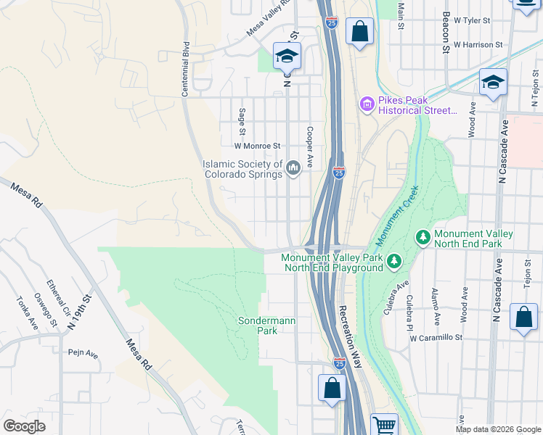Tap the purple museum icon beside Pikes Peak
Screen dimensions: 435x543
pos(367,106)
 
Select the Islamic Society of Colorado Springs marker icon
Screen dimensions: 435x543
pos(293,169)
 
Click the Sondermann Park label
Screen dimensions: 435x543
pos(258,326)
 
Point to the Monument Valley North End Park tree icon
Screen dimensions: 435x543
pos(423,238)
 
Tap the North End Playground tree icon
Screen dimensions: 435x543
pos(393,260)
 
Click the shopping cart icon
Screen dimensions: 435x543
pos(384,425)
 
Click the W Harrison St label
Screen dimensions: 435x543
pos(478,45)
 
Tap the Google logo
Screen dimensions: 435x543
pos(24,426)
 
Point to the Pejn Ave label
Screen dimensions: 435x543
pos(82,353)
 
